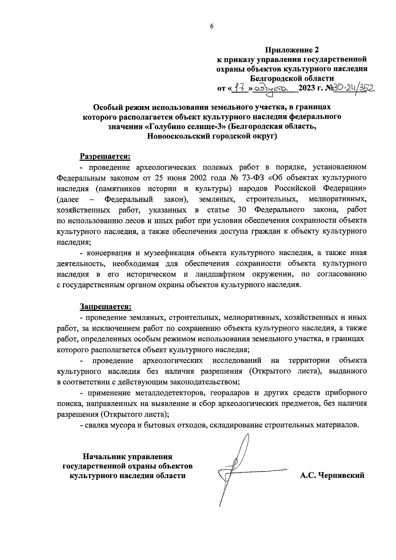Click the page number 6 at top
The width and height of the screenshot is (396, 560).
point(212,27)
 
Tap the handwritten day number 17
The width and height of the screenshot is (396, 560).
point(240,88)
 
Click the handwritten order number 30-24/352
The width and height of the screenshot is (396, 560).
point(352,88)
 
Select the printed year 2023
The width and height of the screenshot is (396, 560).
point(307,88)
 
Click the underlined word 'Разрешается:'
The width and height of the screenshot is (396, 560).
point(105,155)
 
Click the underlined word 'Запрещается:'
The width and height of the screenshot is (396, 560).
point(106,307)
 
